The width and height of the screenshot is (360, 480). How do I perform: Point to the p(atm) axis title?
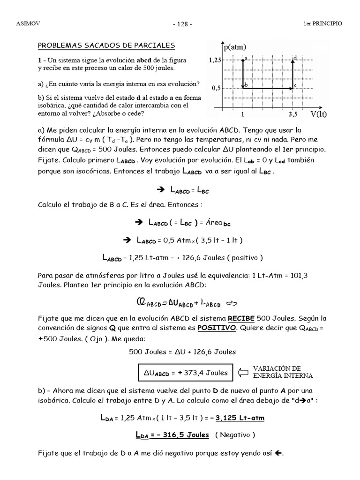pyautogui.click(x=235, y=47)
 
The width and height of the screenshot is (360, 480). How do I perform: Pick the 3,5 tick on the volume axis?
pyautogui.click(x=293, y=114)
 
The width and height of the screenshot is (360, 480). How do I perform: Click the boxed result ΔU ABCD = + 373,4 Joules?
pyautogui.click(x=186, y=373)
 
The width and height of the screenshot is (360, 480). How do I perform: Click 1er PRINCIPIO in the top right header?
pyautogui.click(x=323, y=23)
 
